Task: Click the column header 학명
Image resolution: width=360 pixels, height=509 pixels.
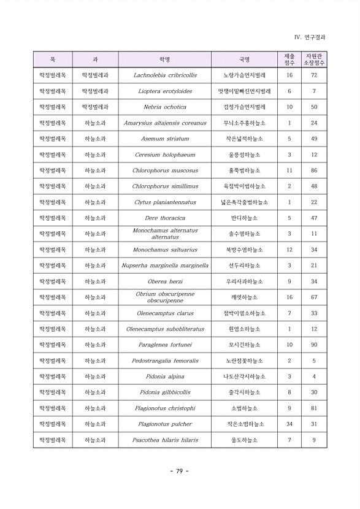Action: tap(164, 59)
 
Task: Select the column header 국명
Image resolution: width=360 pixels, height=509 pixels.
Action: tap(244, 59)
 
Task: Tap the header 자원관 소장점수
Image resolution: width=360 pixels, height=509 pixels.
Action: tap(314, 59)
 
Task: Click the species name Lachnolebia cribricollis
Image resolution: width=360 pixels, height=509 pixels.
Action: tap(164, 75)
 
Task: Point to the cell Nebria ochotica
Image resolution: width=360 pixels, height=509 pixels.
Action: tap(164, 107)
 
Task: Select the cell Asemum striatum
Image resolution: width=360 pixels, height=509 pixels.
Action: tap(164, 139)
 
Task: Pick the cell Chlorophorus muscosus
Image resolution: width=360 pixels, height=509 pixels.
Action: tap(164, 170)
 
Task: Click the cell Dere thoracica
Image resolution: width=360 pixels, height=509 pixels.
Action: tap(164, 218)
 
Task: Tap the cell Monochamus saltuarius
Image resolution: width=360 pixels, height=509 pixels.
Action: tap(164, 250)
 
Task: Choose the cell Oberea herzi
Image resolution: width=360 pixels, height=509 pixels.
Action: tap(164, 281)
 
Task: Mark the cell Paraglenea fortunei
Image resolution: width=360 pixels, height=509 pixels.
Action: tap(164, 345)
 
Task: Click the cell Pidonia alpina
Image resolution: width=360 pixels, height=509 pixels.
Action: tap(164, 377)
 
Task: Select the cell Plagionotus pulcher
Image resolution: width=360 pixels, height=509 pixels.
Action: tap(164, 424)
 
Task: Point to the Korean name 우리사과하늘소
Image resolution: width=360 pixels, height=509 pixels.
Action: tap(244, 281)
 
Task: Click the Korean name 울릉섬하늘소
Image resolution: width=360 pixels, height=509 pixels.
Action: tap(244, 155)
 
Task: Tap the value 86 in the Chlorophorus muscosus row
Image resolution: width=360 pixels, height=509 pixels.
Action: tap(314, 170)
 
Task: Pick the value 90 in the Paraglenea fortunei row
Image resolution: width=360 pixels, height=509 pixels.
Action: tap(314, 345)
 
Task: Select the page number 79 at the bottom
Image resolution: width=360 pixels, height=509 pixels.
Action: tap(179, 471)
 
